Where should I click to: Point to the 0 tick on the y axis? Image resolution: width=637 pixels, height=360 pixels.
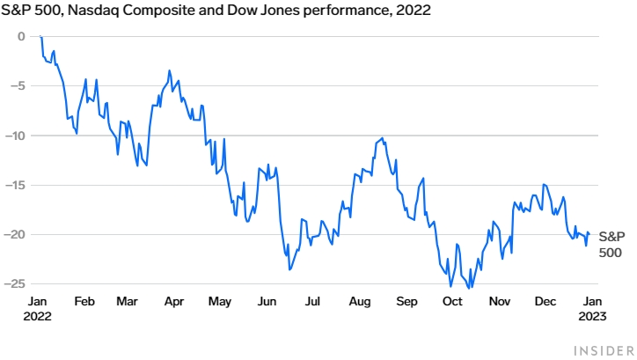[22, 36]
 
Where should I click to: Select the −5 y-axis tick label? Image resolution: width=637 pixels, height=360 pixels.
[18, 85]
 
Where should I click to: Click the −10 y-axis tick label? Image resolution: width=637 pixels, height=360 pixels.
[16, 136]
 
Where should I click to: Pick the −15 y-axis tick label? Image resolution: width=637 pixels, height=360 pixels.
[16, 185]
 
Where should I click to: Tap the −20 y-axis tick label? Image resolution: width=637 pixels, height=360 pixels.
[16, 234]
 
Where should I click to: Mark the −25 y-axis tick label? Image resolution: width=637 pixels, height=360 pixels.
[16, 284]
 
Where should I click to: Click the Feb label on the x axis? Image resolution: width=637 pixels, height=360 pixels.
[84, 301]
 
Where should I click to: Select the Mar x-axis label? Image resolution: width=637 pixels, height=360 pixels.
[128, 301]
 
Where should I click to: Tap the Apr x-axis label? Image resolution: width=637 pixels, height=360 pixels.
[173, 301]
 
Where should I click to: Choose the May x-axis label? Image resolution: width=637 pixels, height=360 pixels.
[219, 301]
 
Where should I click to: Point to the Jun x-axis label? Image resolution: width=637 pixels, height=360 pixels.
[265, 301]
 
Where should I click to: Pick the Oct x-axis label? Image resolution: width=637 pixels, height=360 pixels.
[452, 301]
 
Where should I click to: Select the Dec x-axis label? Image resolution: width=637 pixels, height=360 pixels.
[545, 301]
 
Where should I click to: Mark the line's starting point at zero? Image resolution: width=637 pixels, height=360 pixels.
[40, 36]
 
